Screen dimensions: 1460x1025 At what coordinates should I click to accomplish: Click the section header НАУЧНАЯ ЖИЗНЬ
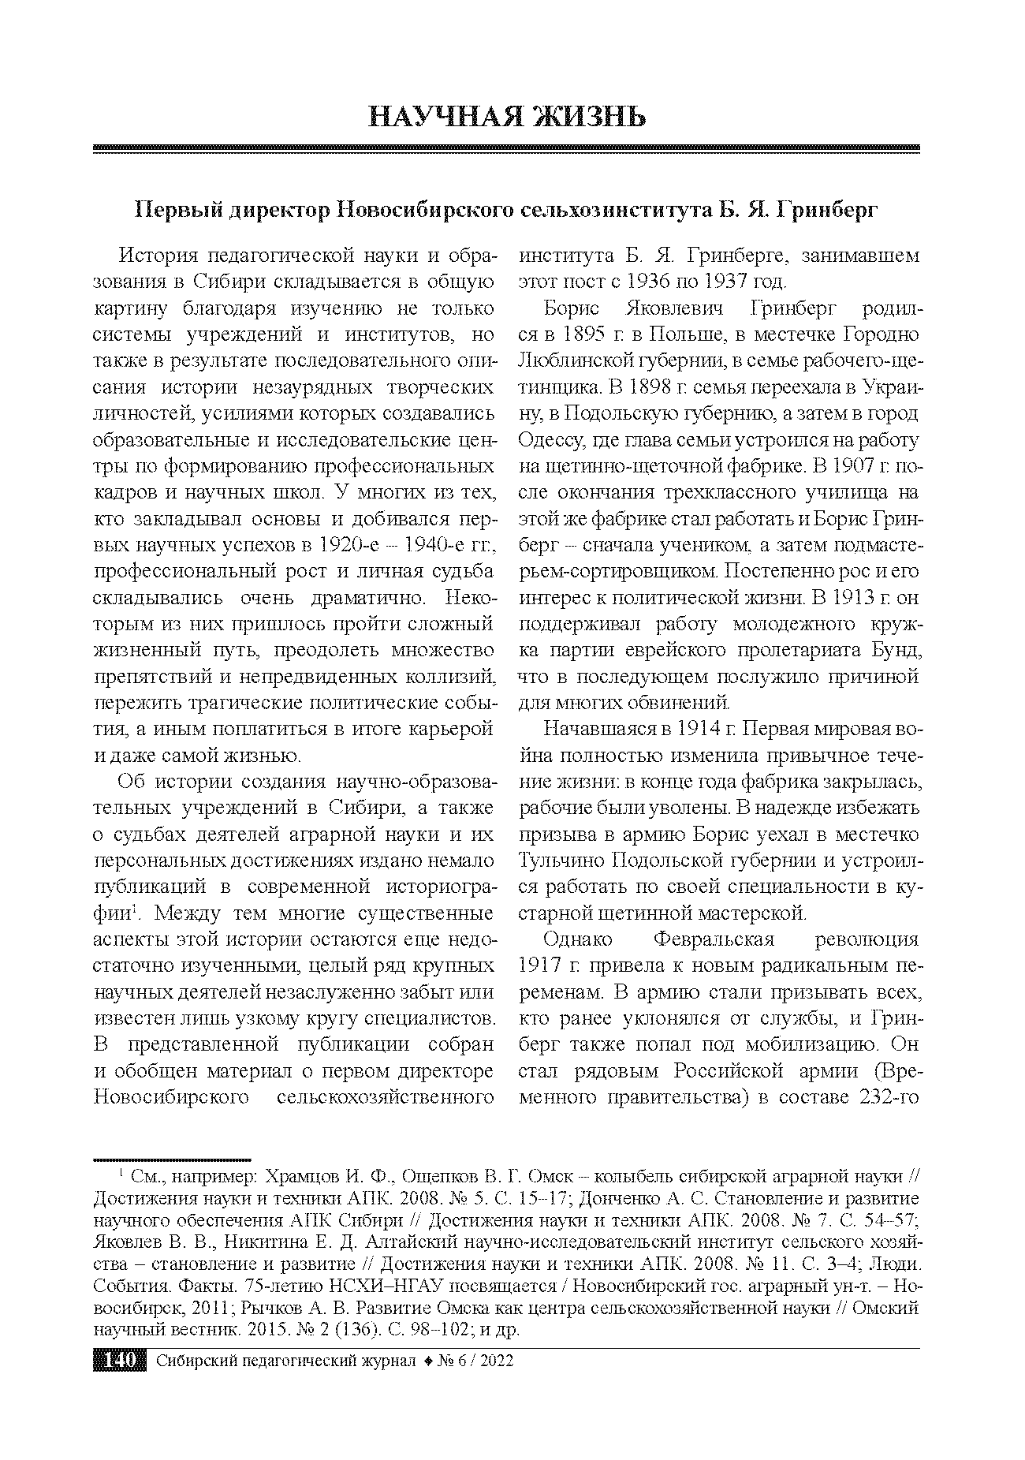tap(508, 117)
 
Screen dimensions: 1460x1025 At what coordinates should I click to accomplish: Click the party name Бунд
tap(893, 651)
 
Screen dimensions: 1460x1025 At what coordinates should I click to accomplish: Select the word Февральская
tap(714, 939)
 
